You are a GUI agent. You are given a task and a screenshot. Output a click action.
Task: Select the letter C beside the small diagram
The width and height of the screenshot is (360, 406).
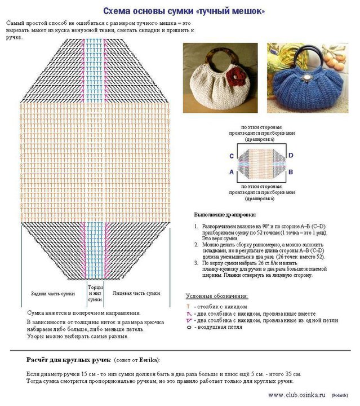[x=232, y=156]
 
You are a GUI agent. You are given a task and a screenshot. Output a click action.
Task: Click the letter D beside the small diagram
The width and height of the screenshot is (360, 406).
[x=291, y=155]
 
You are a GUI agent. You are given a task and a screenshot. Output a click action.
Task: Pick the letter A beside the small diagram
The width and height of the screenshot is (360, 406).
[x=232, y=173]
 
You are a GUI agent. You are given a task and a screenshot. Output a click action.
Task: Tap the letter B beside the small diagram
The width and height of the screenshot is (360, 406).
[x=291, y=173]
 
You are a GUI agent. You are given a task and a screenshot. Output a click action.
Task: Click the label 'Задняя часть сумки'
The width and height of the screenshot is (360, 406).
[x=52, y=294]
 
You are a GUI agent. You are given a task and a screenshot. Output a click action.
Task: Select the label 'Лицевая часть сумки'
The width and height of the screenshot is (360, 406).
[x=136, y=293]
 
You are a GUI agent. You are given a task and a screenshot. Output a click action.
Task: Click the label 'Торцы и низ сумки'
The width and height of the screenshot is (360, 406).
[x=95, y=293]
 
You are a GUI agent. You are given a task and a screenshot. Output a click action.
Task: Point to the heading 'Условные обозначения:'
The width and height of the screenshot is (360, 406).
[x=217, y=296]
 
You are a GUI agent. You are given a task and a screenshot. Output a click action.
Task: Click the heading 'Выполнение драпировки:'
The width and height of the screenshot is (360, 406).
[x=225, y=215]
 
